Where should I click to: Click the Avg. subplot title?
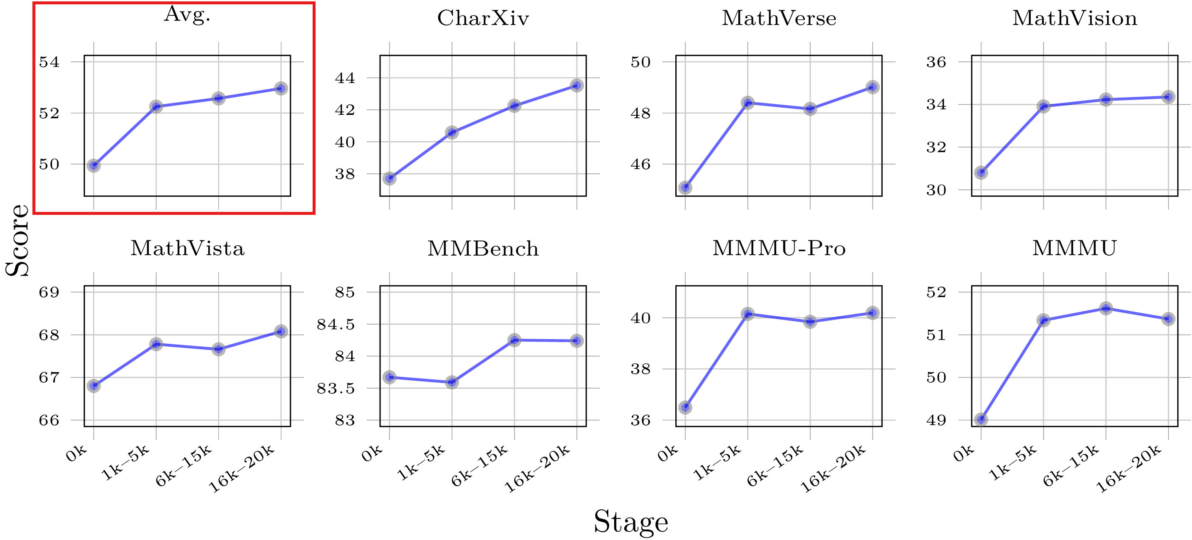point(187,15)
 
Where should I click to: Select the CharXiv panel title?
point(483,19)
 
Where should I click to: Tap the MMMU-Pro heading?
point(779,249)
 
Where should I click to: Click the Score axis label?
point(17,240)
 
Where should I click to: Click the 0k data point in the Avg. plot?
point(94,165)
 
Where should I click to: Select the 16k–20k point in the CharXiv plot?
point(576,86)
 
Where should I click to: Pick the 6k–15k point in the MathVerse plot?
point(810,109)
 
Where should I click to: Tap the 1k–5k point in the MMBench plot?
point(452,382)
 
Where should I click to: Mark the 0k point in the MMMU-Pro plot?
point(686,407)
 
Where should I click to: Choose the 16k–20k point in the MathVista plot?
point(281,331)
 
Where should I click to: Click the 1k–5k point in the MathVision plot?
point(1044,106)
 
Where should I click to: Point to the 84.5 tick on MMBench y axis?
point(336,325)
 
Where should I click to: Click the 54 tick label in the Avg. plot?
point(49,62)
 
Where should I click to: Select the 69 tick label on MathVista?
point(49,292)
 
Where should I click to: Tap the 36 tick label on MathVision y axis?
point(936,62)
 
